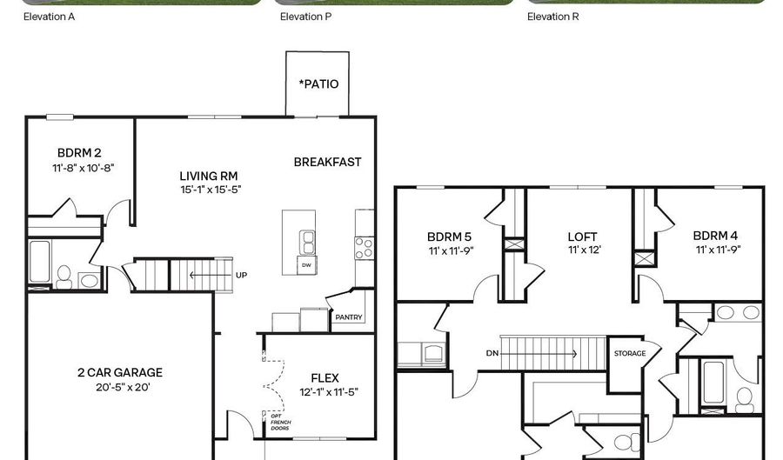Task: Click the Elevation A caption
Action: tap(49, 17)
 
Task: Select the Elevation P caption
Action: tap(305, 17)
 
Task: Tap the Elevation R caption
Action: tap(552, 17)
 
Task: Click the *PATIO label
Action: tap(318, 83)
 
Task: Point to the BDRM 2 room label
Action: tap(79, 153)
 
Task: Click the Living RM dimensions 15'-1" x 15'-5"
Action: tap(211, 190)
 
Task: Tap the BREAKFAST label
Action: tap(327, 162)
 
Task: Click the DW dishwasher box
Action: tap(306, 265)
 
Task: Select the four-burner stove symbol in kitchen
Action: tap(364, 248)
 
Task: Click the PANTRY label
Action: tap(349, 317)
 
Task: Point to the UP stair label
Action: tap(241, 275)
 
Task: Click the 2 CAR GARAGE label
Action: tap(120, 373)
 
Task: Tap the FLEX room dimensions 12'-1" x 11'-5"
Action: tap(329, 392)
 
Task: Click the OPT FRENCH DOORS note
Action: tap(280, 422)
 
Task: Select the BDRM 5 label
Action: tap(449, 237)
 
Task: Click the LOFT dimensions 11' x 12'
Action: tap(585, 250)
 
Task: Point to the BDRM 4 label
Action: tap(715, 236)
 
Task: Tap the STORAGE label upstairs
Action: tap(630, 353)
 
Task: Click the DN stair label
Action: tap(492, 353)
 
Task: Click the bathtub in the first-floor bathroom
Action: tap(39, 263)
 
